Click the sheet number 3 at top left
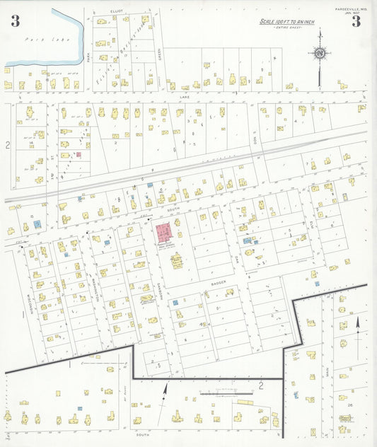coord(15,21)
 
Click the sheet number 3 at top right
coord(356,21)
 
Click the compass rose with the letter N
coord(320,52)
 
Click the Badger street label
coord(217,281)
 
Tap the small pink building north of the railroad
coord(79,153)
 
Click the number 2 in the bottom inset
coord(260,385)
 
